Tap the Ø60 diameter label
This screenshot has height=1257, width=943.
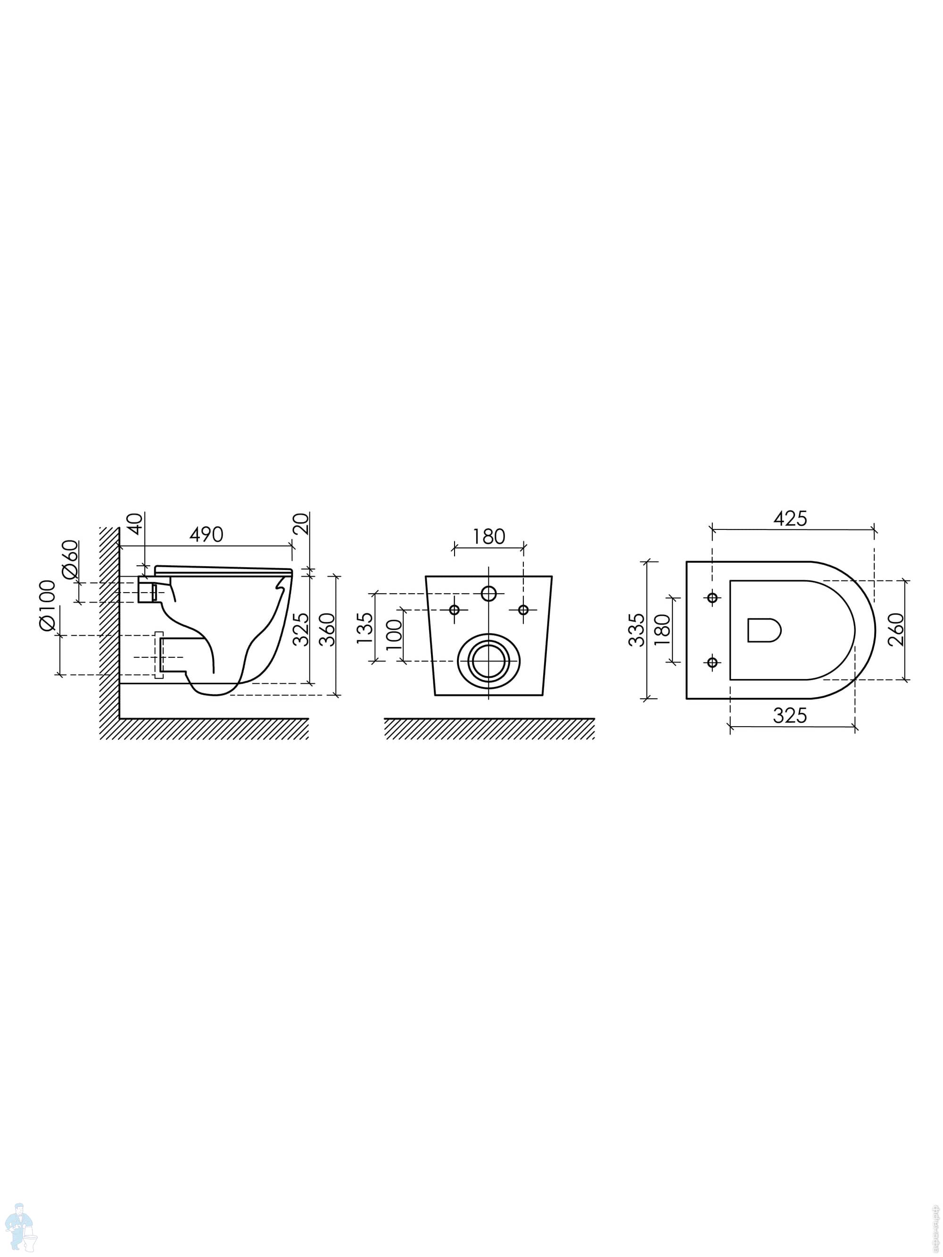[x=70, y=559]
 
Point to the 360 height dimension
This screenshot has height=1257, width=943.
[x=327, y=629]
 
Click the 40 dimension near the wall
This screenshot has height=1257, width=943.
[x=135, y=523]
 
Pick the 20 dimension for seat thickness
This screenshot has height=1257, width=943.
[x=302, y=523]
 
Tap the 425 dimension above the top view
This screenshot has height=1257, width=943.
[x=790, y=518]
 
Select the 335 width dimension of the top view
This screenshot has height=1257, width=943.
[x=637, y=629]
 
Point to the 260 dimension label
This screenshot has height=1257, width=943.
[x=895, y=629]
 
